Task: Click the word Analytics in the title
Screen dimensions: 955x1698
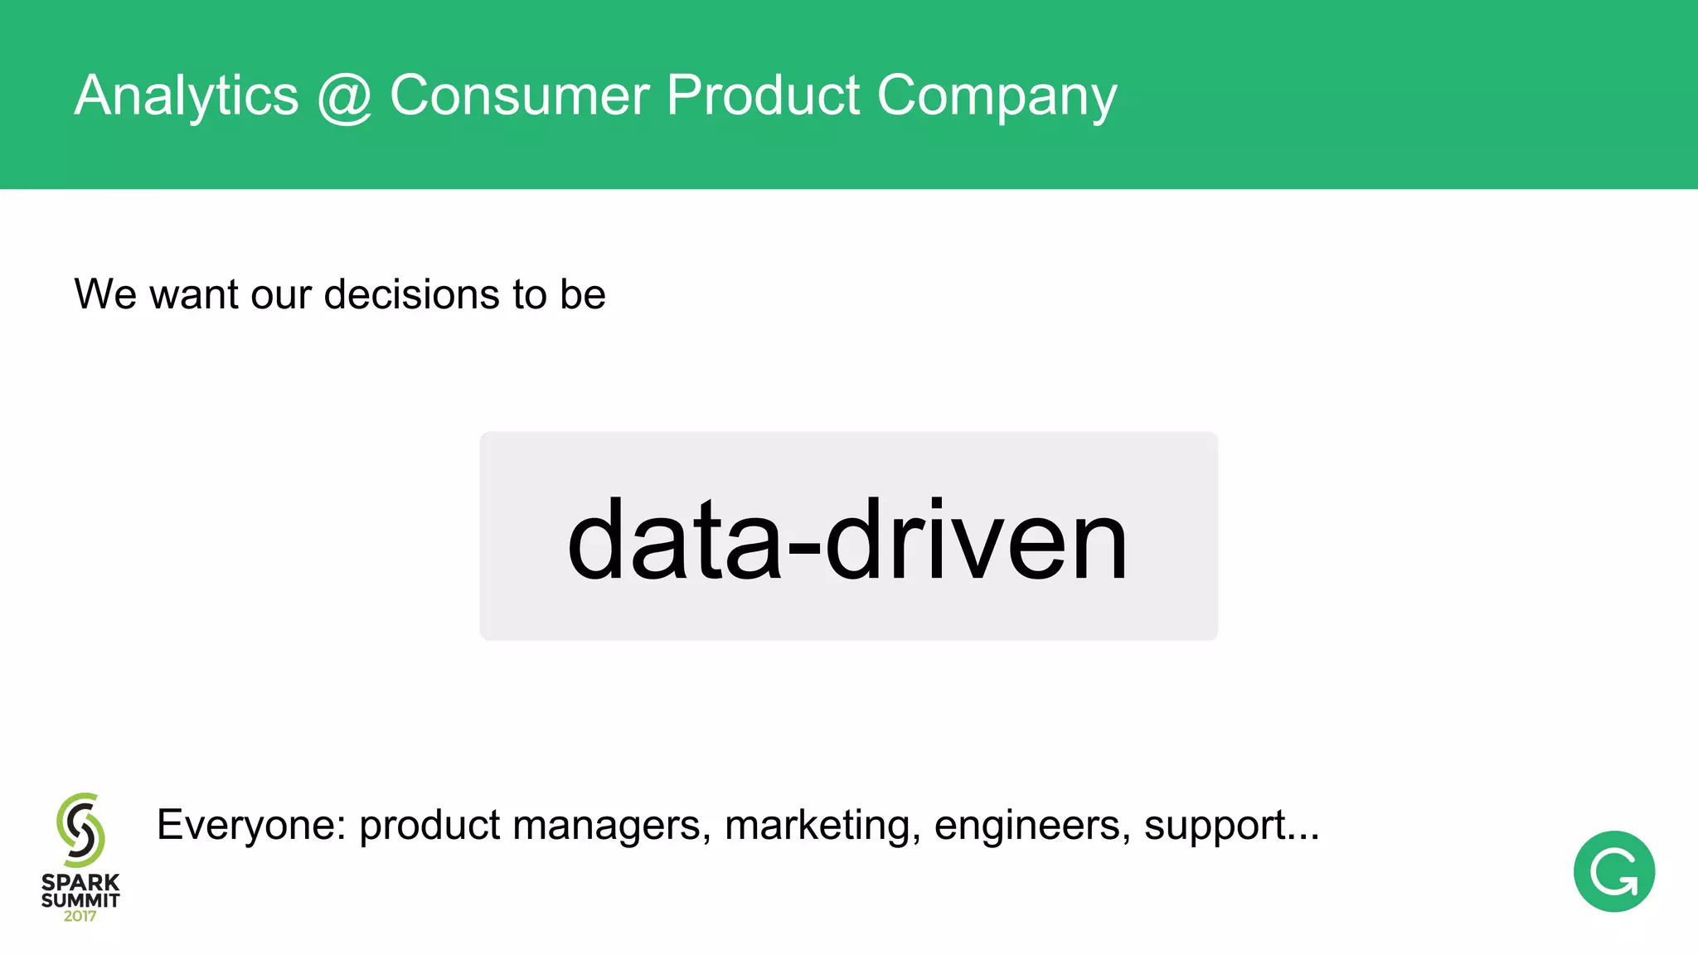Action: pos(187,96)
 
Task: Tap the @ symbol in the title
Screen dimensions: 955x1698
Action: pos(344,96)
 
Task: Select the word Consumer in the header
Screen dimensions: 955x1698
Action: pos(519,95)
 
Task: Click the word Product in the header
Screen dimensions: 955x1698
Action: pos(763,95)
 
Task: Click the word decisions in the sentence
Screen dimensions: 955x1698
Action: pos(412,294)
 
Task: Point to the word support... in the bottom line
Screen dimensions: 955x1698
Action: pos(1231,826)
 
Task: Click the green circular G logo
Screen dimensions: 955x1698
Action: pos(1613,871)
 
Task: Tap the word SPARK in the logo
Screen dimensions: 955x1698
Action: pos(80,882)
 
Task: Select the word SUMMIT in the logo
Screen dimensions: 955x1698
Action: pos(80,899)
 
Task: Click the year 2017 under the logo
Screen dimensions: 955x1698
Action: pos(80,916)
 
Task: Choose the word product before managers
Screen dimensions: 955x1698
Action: pos(429,826)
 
